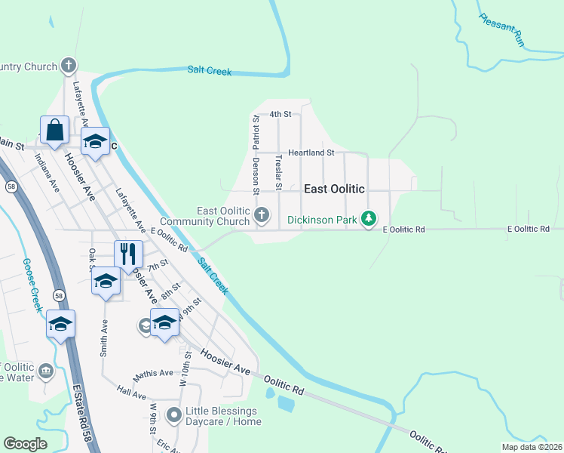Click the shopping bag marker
55,130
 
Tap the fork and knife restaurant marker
128,254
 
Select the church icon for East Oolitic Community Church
262,216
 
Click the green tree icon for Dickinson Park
368,219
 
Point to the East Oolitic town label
334,189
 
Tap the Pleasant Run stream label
501,29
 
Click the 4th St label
280,114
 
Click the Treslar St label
279,173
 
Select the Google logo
26,444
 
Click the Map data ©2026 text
531,447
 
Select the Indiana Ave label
47,174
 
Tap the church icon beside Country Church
69,66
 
